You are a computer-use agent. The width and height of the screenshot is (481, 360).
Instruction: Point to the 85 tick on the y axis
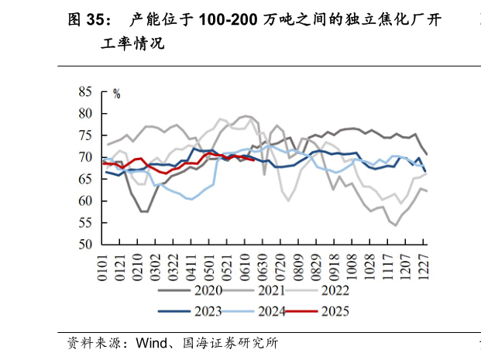click(x=85, y=91)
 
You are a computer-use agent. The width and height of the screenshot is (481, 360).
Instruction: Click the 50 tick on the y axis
click(x=85, y=245)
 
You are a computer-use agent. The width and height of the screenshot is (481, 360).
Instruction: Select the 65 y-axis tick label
click(x=85, y=179)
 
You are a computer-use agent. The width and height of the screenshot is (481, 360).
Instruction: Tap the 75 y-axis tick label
click(x=85, y=135)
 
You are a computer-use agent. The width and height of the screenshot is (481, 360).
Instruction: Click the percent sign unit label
click(x=117, y=94)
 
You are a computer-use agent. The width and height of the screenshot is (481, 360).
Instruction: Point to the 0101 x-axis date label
click(x=103, y=266)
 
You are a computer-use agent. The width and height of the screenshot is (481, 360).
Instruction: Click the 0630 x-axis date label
click(x=264, y=266)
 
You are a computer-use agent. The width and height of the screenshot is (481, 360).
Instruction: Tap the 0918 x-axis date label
click(x=335, y=266)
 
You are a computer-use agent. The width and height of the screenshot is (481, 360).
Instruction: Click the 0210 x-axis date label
click(x=139, y=266)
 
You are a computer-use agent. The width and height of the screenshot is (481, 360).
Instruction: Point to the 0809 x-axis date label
click(x=300, y=266)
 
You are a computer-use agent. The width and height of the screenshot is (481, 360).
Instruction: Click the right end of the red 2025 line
click(x=255, y=159)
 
